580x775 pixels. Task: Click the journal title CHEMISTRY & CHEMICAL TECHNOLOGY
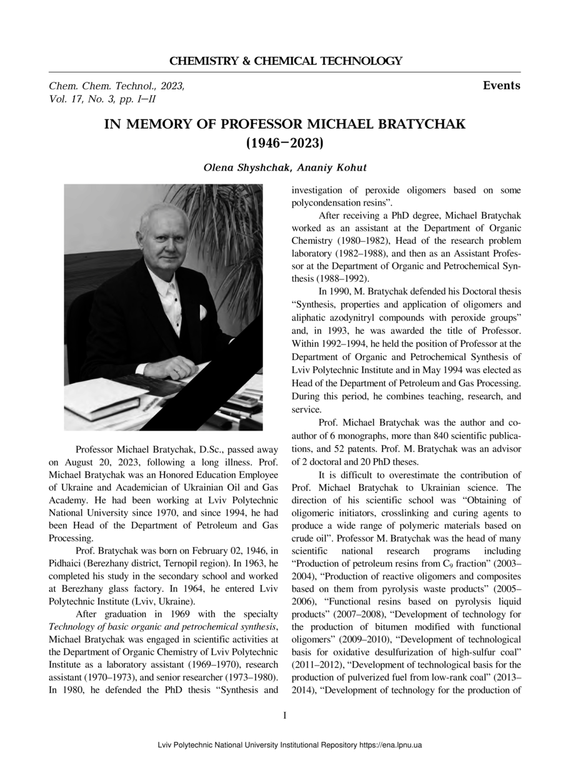(286, 61)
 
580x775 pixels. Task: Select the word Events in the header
(501, 86)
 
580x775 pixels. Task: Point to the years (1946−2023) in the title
(285, 143)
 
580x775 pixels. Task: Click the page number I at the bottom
(285, 715)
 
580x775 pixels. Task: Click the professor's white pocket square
(202, 312)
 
